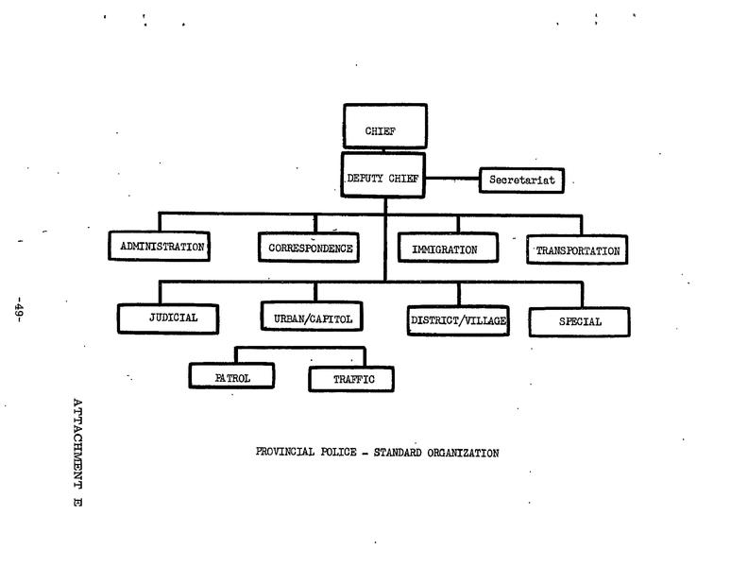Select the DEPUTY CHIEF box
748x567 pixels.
(x=384, y=177)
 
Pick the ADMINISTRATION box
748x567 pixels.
(x=158, y=248)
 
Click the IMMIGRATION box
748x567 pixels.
(x=444, y=250)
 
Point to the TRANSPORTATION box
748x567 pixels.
(x=577, y=251)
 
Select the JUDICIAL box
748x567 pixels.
(x=169, y=318)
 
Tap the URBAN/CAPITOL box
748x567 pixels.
(x=313, y=319)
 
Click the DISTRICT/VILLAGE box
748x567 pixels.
(x=458, y=320)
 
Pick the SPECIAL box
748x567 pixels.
(x=579, y=322)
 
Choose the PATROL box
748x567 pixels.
(x=232, y=376)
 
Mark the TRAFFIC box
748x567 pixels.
(x=351, y=379)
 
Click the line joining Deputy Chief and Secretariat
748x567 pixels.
(x=453, y=179)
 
